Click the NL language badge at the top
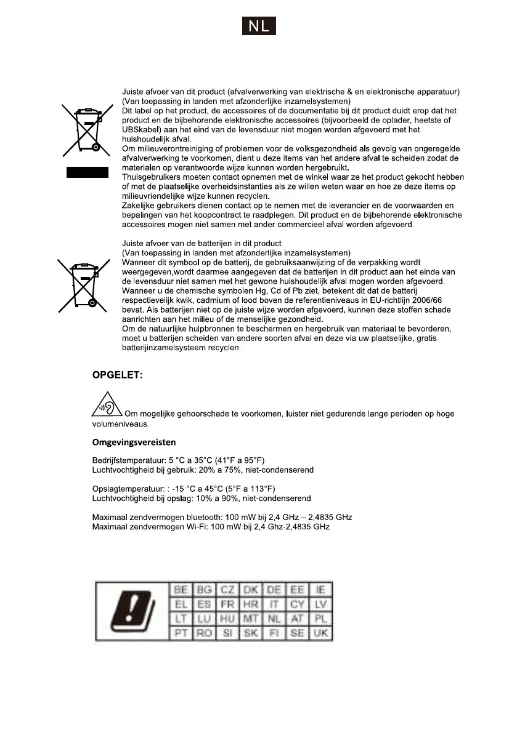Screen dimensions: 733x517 258,26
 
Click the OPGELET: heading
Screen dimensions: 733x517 117,375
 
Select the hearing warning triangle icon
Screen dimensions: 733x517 108,406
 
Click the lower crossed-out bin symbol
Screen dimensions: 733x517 84,287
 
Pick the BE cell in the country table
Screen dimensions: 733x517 181,589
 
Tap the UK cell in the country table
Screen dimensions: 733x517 320,633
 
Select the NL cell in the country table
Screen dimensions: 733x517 274,619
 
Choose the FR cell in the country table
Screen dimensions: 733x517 227,604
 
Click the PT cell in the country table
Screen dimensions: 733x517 181,633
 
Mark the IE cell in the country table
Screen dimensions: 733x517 320,589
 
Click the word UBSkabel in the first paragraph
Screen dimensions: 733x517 140,130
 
